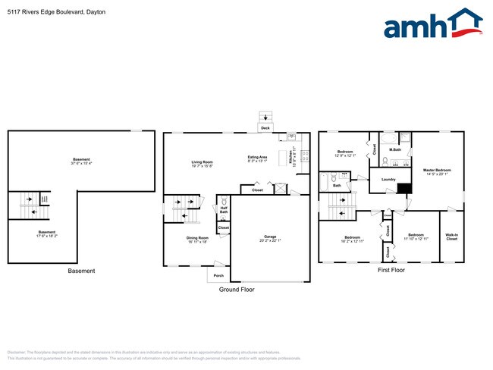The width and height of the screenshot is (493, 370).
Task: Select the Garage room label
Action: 270,238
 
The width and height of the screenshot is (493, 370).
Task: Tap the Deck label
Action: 265,128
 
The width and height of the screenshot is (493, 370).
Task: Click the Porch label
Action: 218,274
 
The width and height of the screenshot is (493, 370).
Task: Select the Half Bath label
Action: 224,209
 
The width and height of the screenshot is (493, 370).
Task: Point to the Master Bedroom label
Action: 436,171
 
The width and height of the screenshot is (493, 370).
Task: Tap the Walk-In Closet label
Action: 451,237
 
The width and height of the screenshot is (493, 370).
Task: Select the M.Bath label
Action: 394,149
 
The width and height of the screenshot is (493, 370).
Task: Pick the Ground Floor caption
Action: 237,290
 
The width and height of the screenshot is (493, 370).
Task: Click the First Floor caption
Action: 392,270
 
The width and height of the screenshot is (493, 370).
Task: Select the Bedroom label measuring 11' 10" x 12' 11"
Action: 416,237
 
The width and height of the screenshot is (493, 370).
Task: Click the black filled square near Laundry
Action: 404,189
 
